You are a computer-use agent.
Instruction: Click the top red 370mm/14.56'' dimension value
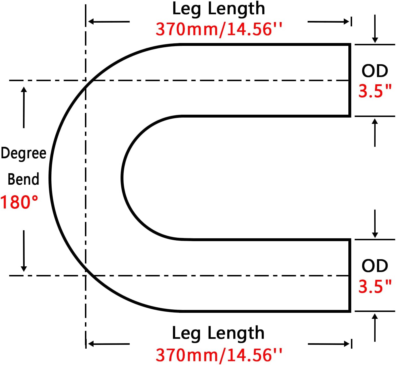pyautogui.click(x=219, y=29)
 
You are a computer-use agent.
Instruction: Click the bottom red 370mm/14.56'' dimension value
pyautogui.click(x=219, y=355)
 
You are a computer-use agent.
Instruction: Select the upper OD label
pyautogui.click(x=374, y=71)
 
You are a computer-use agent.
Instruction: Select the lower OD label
pyautogui.click(x=374, y=266)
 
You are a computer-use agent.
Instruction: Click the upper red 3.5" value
pyautogui.click(x=375, y=91)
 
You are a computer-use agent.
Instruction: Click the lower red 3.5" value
pyautogui.click(x=375, y=286)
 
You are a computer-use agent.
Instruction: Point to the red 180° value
pyautogui.click(x=19, y=202)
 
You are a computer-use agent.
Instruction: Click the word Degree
pyautogui.click(x=24, y=153)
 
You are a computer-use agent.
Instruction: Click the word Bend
pyautogui.click(x=23, y=179)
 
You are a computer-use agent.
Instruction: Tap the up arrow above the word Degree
pyautogui.click(x=24, y=107)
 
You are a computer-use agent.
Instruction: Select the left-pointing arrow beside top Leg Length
pyautogui.click(x=109, y=22)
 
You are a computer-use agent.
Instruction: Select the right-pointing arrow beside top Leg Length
pyautogui.click(x=328, y=22)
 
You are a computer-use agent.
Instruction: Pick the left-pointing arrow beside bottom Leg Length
pyautogui.click(x=109, y=343)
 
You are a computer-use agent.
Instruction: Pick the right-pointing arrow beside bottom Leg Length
pyautogui.click(x=328, y=343)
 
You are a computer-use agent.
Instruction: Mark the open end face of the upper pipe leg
pyautogui.click(x=350, y=80)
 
